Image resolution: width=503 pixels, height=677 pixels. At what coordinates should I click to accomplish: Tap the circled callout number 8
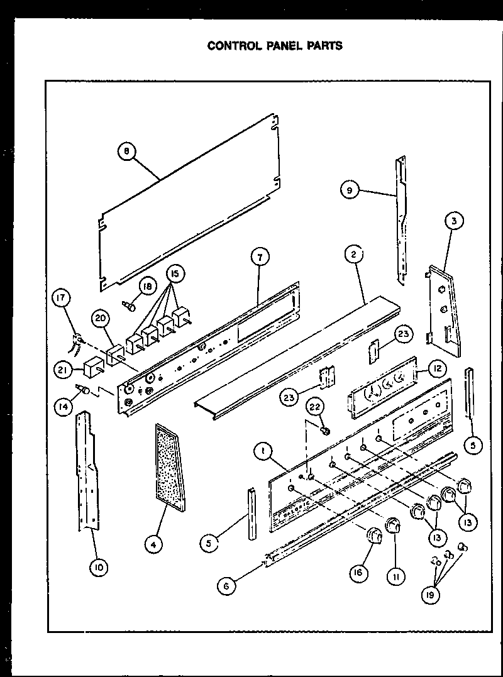(x=127, y=151)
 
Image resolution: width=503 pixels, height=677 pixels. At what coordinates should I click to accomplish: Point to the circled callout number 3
(x=453, y=220)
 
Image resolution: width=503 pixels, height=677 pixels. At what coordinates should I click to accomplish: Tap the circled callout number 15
(x=175, y=274)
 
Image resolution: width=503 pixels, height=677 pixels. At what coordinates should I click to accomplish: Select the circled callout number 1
(x=263, y=450)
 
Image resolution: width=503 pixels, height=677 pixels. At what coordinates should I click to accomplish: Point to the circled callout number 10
(x=98, y=568)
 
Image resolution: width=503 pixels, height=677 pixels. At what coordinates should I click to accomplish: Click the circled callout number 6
(x=228, y=586)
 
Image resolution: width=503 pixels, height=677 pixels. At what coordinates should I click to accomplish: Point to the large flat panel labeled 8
(x=189, y=201)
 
